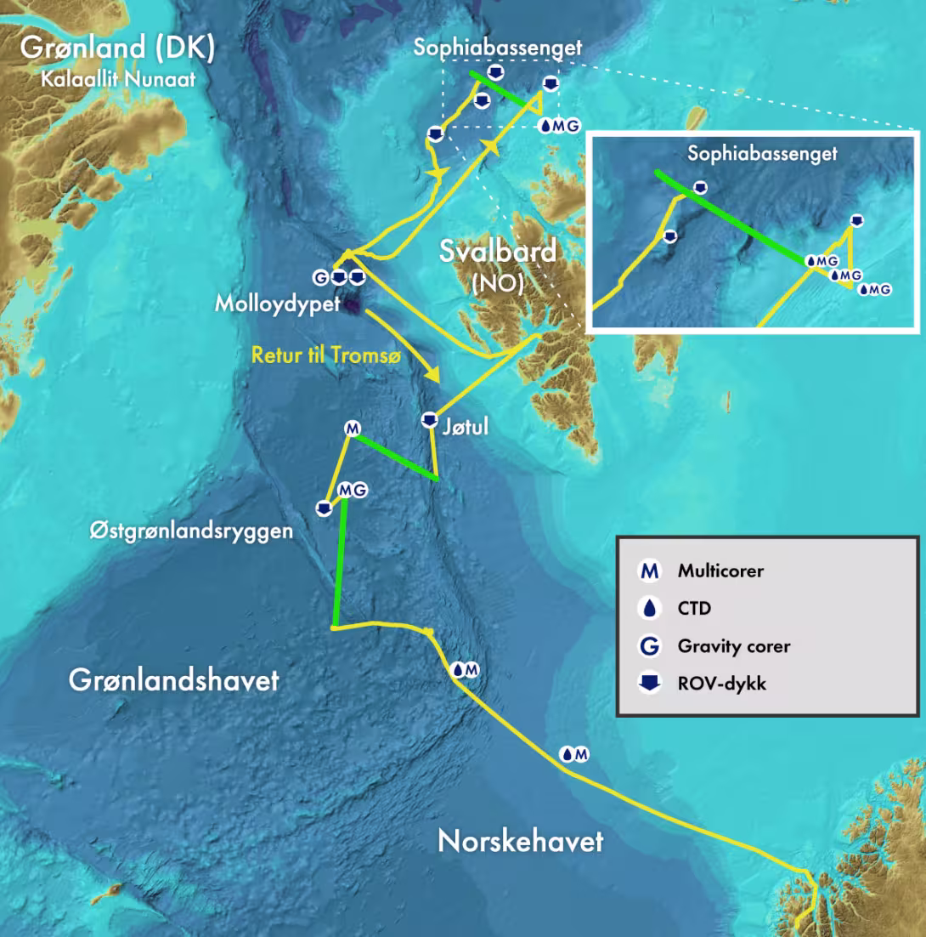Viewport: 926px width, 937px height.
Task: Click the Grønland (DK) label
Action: tap(117, 48)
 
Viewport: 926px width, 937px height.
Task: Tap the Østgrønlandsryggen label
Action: tap(191, 531)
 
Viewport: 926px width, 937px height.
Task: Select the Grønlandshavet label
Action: tap(173, 680)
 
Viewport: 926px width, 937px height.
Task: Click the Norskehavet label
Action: tap(520, 841)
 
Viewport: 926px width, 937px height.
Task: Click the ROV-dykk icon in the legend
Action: tap(650, 683)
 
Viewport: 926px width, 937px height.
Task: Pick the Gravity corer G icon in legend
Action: tap(650, 646)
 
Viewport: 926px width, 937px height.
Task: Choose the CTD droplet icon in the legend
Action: tap(650, 609)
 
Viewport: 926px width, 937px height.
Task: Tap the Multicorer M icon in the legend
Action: tap(650, 571)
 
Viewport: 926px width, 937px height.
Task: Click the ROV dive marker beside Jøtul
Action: tap(430, 420)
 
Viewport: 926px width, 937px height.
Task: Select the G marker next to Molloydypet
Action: tap(321, 277)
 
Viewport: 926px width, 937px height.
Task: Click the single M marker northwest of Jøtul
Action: tap(352, 429)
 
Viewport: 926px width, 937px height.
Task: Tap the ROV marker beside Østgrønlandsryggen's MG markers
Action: tap(323, 508)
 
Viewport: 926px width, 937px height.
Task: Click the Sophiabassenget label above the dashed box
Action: tap(498, 48)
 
